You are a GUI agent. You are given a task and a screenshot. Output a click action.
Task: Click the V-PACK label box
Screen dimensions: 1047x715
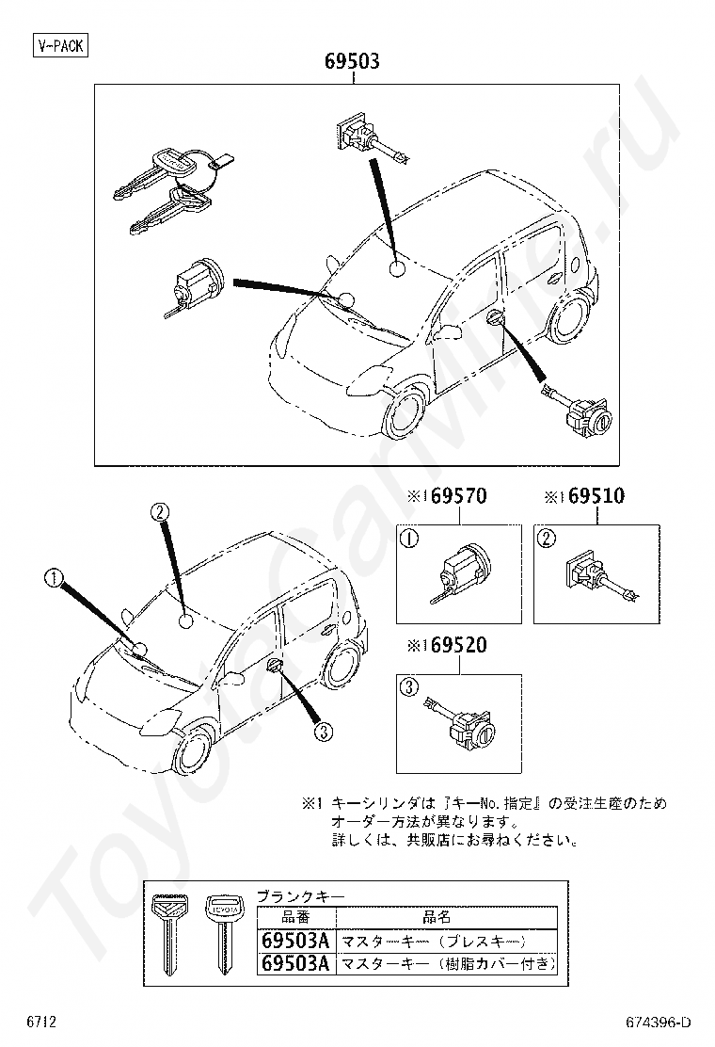(x=60, y=45)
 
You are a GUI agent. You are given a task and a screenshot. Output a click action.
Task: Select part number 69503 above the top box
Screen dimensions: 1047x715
(x=352, y=62)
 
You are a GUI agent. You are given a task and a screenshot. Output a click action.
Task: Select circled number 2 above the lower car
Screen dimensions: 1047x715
(x=161, y=512)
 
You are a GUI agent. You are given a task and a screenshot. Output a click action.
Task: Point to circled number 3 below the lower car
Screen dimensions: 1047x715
(x=323, y=731)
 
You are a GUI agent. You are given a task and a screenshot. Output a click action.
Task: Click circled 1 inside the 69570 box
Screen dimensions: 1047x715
(x=410, y=540)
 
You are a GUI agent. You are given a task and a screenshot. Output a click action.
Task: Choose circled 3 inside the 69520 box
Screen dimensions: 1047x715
(x=409, y=687)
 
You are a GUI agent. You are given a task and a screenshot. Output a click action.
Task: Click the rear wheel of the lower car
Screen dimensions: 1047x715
(x=342, y=666)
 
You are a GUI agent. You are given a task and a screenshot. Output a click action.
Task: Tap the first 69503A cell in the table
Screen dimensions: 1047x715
(x=295, y=940)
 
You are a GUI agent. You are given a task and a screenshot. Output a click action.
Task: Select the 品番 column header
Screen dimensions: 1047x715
(x=295, y=916)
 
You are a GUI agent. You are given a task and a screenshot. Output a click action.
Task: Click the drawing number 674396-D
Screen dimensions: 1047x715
(x=659, y=1023)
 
